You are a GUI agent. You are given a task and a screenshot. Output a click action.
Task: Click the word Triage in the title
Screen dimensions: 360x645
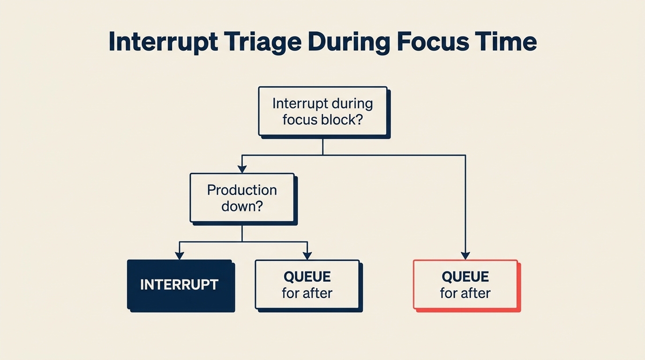tap(262, 42)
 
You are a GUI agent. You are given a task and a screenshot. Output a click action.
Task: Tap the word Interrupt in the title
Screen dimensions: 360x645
tap(163, 42)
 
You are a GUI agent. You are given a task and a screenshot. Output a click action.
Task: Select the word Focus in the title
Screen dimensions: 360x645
tap(431, 42)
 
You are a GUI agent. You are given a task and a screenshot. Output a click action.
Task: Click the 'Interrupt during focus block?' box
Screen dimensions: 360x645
tap(323, 111)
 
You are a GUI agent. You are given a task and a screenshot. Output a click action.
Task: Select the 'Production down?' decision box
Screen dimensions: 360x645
tap(242, 197)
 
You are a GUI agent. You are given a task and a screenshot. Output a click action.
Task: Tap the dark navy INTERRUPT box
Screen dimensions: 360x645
tap(180, 285)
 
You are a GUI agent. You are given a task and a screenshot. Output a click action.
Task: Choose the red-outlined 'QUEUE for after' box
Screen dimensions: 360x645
tap(465, 285)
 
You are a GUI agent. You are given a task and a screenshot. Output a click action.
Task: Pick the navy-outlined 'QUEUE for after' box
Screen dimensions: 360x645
tap(307, 285)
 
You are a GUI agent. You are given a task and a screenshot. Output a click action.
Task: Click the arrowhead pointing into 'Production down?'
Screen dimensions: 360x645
tap(242, 169)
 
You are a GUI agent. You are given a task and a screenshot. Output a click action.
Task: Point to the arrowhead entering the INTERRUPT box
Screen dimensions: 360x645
tap(180, 255)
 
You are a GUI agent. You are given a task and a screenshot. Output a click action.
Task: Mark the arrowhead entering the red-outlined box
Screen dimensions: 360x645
tap(465, 255)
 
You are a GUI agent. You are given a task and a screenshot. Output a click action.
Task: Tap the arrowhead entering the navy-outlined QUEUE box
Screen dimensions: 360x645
tap(307, 255)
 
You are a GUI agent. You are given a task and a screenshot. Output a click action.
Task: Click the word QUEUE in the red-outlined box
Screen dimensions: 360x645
tap(465, 277)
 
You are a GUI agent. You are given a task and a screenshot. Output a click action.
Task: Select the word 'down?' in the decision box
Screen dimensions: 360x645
tap(242, 206)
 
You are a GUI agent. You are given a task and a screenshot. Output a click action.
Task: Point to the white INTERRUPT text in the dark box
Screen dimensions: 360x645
tap(180, 285)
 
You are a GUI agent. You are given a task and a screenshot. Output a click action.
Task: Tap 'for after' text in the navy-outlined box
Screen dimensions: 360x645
tap(307, 293)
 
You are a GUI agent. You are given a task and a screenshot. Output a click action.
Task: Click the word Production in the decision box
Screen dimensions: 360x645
tap(242, 190)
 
